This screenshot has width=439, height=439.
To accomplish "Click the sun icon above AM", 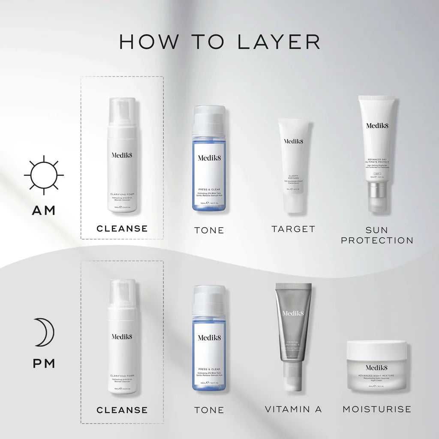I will click(x=44, y=175).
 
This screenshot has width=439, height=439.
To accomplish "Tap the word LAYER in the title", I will click(x=279, y=42).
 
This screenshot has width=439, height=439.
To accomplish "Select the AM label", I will click(x=44, y=210).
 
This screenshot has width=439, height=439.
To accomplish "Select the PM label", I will click(x=44, y=364).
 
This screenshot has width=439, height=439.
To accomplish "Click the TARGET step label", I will click(x=293, y=229).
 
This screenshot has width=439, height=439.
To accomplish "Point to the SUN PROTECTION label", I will click(x=377, y=235).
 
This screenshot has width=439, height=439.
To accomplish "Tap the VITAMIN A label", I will click(x=293, y=409).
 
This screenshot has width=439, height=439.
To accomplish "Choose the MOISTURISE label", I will click(x=377, y=409).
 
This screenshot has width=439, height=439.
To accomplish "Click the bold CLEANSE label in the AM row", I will click(x=122, y=229).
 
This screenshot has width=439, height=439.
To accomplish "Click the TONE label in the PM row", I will click(x=209, y=410).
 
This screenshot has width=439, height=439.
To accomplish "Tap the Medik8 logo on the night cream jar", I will click(x=376, y=367).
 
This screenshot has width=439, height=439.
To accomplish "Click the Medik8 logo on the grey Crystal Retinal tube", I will click(x=293, y=313).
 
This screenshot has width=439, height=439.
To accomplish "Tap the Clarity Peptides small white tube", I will click(x=293, y=165).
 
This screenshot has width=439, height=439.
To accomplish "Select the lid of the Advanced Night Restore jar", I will click(x=376, y=349).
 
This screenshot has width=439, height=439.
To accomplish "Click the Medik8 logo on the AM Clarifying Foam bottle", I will click(x=122, y=155).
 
